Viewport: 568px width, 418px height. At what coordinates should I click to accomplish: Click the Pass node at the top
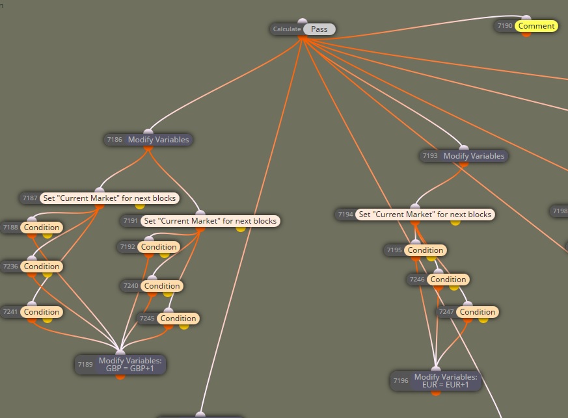click(303, 29)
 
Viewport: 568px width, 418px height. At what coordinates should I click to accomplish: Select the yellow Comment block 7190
click(526, 26)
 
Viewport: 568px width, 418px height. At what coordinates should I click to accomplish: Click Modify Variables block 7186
click(148, 140)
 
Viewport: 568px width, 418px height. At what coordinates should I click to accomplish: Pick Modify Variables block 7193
click(464, 156)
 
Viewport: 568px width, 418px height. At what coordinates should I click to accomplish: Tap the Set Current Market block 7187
click(100, 198)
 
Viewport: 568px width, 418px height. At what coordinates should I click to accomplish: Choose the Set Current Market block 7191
click(200, 221)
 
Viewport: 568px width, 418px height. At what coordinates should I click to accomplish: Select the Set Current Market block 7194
click(414, 215)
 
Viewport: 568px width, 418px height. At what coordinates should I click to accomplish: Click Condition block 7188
click(32, 228)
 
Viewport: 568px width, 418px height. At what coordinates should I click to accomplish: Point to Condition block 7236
click(32, 267)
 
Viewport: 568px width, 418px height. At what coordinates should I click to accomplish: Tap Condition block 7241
click(32, 312)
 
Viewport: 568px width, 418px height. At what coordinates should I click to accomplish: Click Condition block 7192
click(149, 247)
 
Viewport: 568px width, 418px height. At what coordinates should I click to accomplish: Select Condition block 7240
click(152, 286)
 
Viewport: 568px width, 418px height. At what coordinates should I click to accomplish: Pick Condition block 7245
click(169, 319)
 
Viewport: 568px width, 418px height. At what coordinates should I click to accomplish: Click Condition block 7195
click(416, 250)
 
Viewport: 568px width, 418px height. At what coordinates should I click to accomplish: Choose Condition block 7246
click(439, 280)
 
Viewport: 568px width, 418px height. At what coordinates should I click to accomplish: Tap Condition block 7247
click(467, 312)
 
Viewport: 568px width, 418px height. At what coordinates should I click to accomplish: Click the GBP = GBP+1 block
click(120, 365)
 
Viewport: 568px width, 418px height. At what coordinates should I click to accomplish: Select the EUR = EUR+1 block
click(436, 381)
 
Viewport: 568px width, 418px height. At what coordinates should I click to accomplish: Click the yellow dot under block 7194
click(455, 222)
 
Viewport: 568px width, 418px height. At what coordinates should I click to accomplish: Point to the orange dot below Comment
click(526, 34)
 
